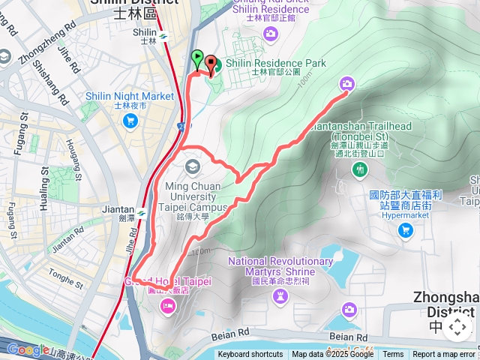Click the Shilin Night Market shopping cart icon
coord(131,120)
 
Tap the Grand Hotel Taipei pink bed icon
coord(166,304)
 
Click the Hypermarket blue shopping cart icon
coord(406,229)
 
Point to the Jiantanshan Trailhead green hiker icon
coord(360,170)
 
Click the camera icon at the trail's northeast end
coord(347,83)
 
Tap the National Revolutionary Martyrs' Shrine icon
coord(280,296)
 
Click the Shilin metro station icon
coord(164,34)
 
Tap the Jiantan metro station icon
coord(140,211)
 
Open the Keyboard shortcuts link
coord(250,355)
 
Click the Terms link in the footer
coord(393,355)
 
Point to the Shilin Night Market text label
coord(129,96)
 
